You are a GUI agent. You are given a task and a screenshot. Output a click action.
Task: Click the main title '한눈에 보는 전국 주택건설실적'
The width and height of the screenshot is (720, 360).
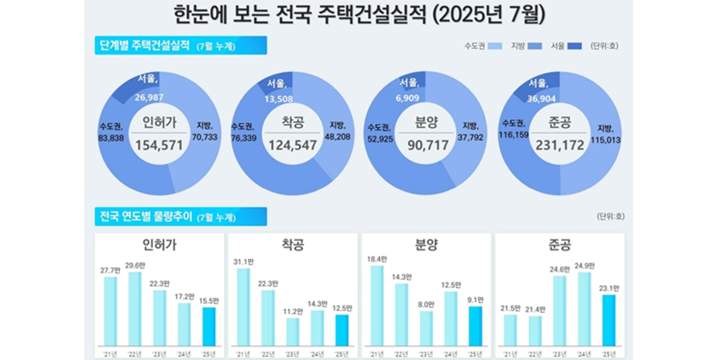[300, 15]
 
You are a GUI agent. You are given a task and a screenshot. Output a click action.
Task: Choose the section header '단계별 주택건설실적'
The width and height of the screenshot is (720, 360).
[144, 46]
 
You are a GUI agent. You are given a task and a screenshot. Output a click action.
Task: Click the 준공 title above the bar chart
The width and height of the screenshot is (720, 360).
[559, 243]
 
